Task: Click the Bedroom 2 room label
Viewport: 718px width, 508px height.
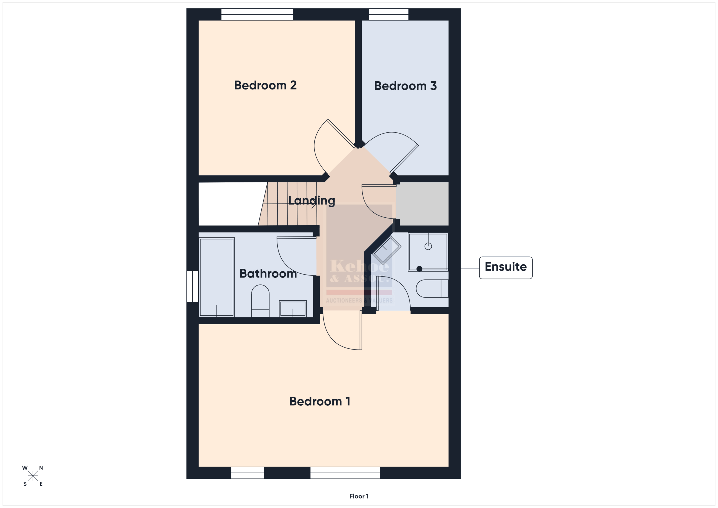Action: tap(265, 85)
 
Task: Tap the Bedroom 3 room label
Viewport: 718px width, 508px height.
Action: tap(405, 86)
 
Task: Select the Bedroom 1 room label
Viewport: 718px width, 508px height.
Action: tap(320, 401)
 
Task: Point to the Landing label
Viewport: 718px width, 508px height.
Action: tap(312, 201)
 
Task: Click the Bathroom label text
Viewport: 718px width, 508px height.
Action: tap(268, 273)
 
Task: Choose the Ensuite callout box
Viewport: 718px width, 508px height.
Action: tap(506, 268)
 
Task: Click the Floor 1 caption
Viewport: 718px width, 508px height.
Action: tap(359, 496)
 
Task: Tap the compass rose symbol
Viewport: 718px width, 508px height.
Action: tap(33, 476)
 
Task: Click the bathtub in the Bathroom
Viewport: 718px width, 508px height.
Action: tap(217, 277)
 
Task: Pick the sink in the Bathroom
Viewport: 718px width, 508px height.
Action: tap(293, 309)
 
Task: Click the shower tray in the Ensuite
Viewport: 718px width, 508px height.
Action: tap(428, 252)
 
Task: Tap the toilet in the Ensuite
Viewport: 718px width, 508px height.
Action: tap(432, 288)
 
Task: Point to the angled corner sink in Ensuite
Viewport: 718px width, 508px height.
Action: tap(387, 250)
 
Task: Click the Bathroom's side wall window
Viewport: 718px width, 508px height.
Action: tap(192, 286)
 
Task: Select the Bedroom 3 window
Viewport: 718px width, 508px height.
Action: tap(389, 14)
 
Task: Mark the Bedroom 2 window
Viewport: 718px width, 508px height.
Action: tap(257, 14)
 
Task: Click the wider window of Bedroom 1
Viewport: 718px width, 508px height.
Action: tap(345, 473)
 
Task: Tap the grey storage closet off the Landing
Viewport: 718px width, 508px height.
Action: tap(422, 204)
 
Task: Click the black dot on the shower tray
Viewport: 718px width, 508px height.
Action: tap(420, 269)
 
